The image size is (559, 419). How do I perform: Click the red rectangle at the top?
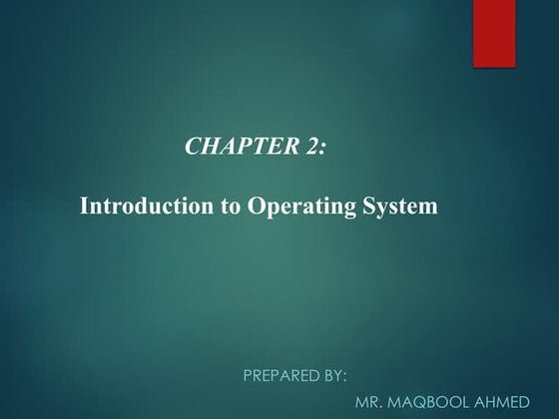click(x=494, y=33)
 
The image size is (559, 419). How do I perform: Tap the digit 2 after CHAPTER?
click(x=309, y=147)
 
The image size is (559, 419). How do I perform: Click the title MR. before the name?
click(x=369, y=403)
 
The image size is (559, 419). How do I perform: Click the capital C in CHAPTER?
click(x=193, y=147)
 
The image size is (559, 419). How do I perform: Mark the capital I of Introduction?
click(x=83, y=208)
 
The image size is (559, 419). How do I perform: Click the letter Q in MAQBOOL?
click(x=424, y=403)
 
